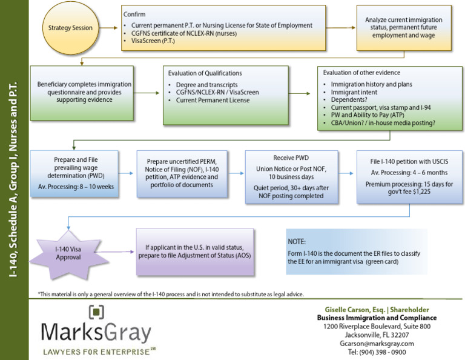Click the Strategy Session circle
coord(70,28)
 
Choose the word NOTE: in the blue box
coord(297,241)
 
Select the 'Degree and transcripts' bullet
coord(206,85)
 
